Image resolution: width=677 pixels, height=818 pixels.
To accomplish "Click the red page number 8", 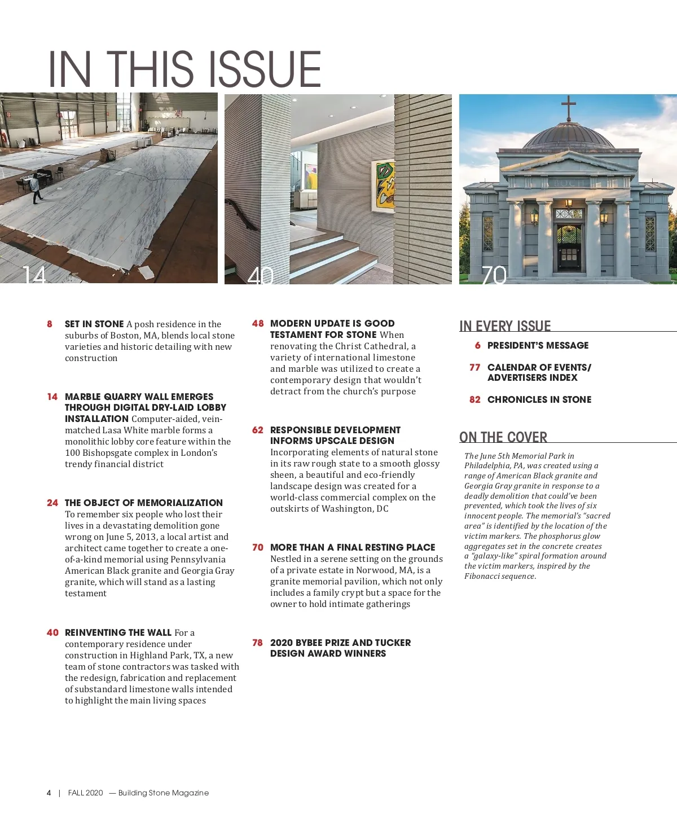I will pos(50,324).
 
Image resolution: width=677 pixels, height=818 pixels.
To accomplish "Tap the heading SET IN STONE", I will pos(94,324).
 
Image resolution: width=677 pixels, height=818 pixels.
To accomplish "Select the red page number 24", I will pos(52,503).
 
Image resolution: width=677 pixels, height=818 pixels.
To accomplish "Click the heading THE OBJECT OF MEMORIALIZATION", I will pos(144,503).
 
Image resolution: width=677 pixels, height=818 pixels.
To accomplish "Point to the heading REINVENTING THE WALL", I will pos(118,632).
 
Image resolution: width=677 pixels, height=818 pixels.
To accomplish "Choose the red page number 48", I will pos(258,323).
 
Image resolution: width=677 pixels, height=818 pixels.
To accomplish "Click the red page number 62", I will pos(258,430).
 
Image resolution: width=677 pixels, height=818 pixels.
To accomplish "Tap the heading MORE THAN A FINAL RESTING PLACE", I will pos(353,547).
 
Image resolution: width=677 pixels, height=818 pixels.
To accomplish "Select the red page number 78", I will pos(258,643).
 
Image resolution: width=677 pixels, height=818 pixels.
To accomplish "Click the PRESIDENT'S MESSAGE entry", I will pos(538,345).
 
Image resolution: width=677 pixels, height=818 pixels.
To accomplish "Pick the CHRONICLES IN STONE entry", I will pos(539,399).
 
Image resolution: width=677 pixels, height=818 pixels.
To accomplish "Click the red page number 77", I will pos(475,367).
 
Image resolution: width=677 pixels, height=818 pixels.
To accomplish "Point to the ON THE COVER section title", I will pos(503,437).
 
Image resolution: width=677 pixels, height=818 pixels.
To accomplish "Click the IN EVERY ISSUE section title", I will pos(505,326).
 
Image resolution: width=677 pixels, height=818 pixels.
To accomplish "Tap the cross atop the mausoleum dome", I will pos(569,107).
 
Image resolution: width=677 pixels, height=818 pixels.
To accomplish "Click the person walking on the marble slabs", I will pos(36,188).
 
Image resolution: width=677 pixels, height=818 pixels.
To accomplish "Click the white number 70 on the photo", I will pos(494,275).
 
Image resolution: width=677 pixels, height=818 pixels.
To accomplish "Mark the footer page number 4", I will pos(49,793).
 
